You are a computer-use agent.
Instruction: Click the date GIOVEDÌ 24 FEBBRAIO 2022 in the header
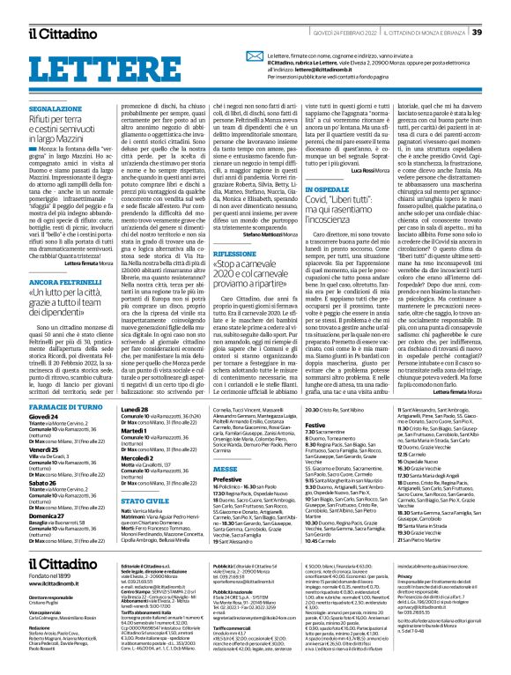click(333, 33)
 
